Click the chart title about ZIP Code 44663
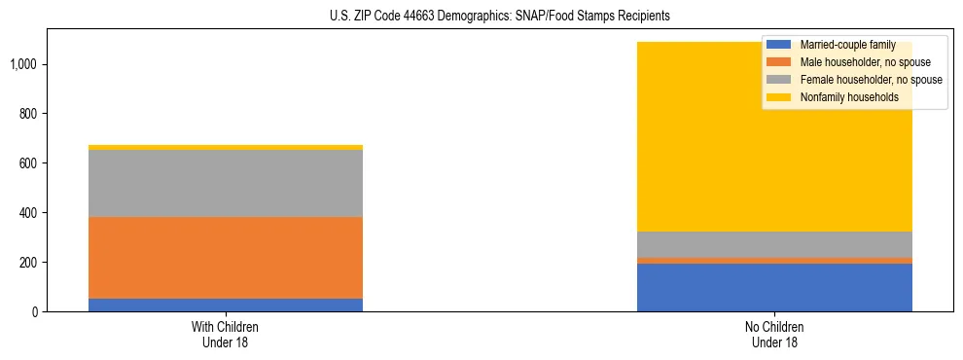tap(481, 17)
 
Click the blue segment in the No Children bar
tap(774, 288)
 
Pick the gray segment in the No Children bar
tap(774, 244)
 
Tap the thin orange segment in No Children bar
tap(774, 261)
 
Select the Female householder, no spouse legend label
tap(870, 80)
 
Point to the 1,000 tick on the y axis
tap(24, 64)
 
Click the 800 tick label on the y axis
tap(29, 114)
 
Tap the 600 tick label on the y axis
tap(29, 163)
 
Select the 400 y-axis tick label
tap(29, 213)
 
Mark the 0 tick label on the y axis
tap(35, 312)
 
